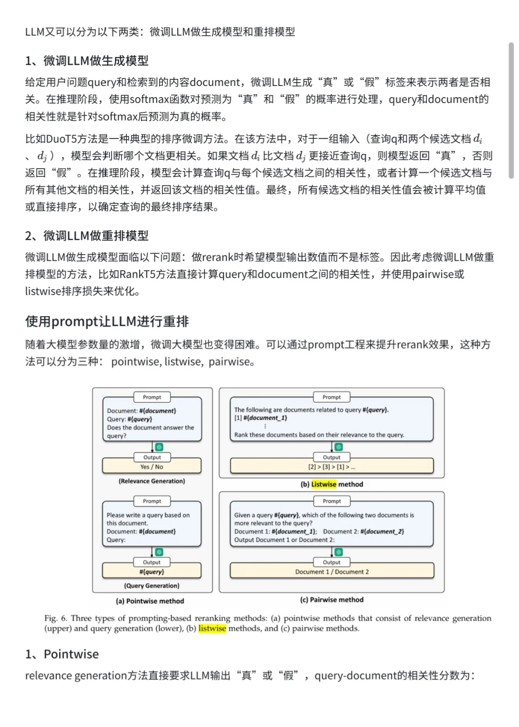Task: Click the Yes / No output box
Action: click(152, 467)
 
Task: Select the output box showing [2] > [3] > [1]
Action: click(332, 467)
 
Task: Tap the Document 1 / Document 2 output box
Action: click(332, 572)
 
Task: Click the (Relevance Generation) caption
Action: click(152, 481)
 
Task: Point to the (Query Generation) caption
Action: click(152, 586)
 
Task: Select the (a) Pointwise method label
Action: click(150, 601)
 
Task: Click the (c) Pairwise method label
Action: click(332, 600)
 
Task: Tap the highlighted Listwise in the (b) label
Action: click(324, 484)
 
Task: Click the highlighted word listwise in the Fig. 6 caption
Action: click(212, 628)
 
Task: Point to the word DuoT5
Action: click(60, 139)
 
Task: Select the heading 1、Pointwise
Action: click(62, 654)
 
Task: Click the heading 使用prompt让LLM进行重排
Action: click(107, 321)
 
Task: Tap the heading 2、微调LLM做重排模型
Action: click(86, 235)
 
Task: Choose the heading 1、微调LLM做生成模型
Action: click(86, 61)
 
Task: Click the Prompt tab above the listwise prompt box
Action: click(332, 397)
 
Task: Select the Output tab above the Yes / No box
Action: click(152, 457)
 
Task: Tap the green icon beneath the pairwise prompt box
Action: click(339, 552)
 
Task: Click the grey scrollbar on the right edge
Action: click(511, 111)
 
